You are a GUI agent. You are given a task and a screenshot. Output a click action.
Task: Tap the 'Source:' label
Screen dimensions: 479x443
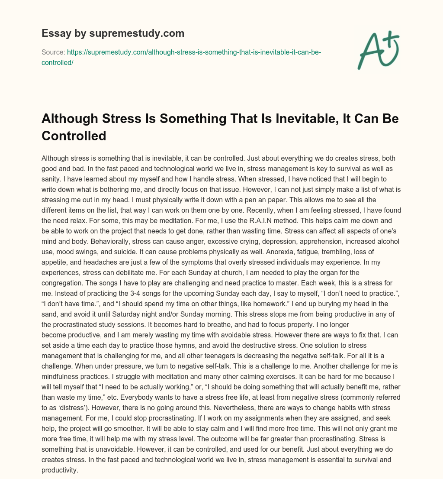pos(53,52)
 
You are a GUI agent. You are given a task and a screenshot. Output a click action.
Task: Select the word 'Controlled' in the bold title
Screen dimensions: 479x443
pos(74,136)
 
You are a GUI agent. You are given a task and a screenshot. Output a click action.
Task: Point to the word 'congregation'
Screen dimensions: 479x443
pos(62,283)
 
